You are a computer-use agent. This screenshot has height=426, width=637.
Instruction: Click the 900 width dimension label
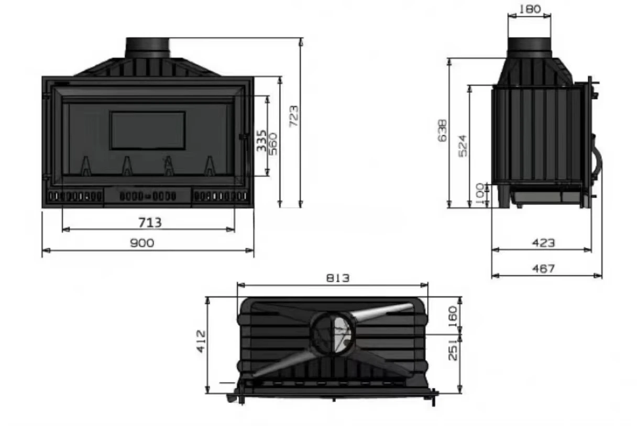pyautogui.click(x=142, y=243)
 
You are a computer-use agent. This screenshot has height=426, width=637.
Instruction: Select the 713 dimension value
pyautogui.click(x=150, y=223)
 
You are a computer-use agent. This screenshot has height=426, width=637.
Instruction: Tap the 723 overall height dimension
pyautogui.click(x=294, y=116)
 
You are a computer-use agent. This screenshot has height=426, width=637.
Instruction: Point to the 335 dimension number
pyautogui.click(x=261, y=141)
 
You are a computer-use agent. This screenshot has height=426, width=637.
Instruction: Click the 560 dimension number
pyautogui.click(x=272, y=144)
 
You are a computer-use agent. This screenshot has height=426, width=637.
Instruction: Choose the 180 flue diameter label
pyautogui.click(x=530, y=9)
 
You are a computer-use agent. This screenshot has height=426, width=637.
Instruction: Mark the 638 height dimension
pyautogui.click(x=442, y=130)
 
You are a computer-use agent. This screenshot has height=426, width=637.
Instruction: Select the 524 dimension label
pyautogui.click(x=463, y=146)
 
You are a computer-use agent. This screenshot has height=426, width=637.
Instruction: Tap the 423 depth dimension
pyautogui.click(x=543, y=243)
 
